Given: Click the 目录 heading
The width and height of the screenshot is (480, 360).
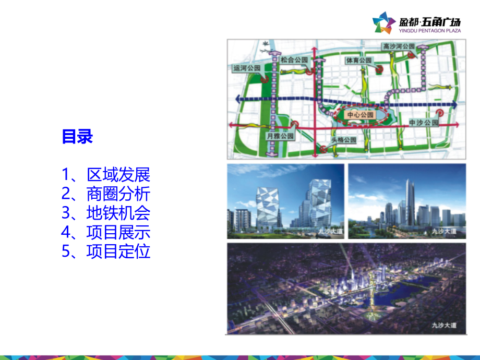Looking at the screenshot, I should (x=77, y=137).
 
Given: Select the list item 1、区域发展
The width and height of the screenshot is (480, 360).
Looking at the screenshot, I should (x=106, y=174).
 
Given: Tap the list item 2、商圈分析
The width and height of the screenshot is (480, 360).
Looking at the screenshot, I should (x=106, y=194).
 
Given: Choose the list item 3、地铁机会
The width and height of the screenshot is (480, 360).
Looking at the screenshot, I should (x=106, y=213).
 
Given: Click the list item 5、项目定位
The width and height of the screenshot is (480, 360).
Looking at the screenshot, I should (x=106, y=251).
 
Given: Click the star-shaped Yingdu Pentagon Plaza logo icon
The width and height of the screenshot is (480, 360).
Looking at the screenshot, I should (x=384, y=24).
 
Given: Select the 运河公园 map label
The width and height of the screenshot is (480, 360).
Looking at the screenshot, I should (x=247, y=68).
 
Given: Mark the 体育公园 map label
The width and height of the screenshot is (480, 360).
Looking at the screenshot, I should (x=358, y=60).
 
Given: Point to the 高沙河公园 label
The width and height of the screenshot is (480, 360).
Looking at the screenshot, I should (x=399, y=46).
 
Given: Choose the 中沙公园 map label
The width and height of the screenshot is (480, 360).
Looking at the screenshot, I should (x=424, y=123).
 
